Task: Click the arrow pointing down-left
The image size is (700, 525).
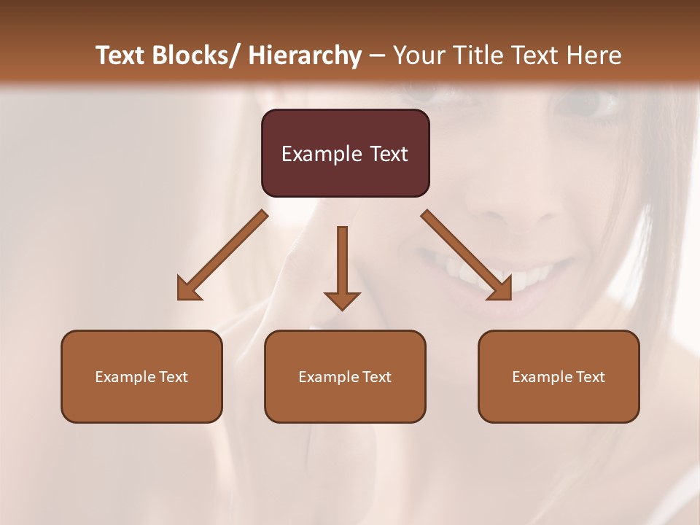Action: click(222, 255)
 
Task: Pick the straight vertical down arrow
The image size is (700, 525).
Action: click(342, 262)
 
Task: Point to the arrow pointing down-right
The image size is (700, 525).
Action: click(467, 255)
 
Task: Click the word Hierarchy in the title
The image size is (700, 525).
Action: click(304, 55)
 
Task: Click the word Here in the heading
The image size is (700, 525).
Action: click(594, 55)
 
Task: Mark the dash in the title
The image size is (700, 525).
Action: click(377, 55)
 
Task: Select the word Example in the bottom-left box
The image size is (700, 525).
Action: click(122, 377)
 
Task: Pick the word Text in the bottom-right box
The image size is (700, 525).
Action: click(589, 377)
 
